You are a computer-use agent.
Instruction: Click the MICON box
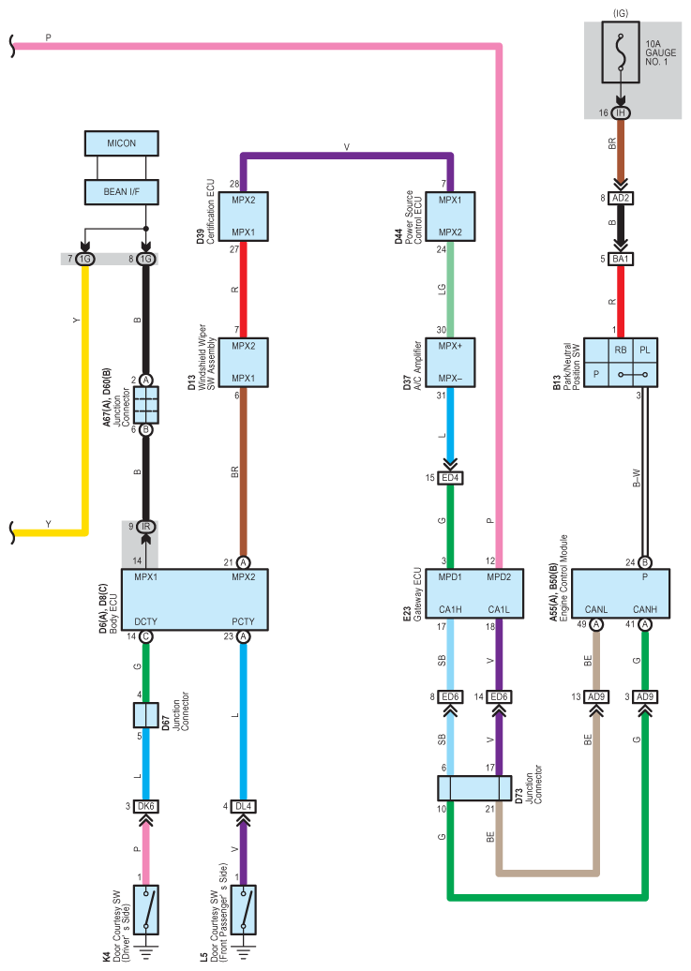(x=122, y=143)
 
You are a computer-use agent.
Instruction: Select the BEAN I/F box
(x=122, y=192)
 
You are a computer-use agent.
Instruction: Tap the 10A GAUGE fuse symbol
(x=621, y=52)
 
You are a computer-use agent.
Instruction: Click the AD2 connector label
(x=621, y=198)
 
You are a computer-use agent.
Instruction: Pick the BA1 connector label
(x=621, y=259)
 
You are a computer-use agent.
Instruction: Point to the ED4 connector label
(x=450, y=478)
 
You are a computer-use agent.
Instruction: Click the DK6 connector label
(x=145, y=806)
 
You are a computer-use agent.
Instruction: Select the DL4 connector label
(x=243, y=806)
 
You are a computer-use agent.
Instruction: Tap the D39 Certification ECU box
(x=243, y=217)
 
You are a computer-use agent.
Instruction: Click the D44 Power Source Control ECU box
(x=450, y=217)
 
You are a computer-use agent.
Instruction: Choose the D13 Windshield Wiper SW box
(x=243, y=363)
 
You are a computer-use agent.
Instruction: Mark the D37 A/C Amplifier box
(x=450, y=363)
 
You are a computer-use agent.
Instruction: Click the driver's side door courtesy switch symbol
(x=145, y=910)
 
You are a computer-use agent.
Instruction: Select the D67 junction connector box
(x=145, y=715)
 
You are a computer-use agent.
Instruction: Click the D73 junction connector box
(x=474, y=788)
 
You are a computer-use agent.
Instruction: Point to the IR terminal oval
(x=145, y=527)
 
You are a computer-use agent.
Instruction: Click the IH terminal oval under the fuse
(x=621, y=112)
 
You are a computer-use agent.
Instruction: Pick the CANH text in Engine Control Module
(x=644, y=609)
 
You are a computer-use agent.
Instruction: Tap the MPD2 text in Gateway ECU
(x=499, y=577)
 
